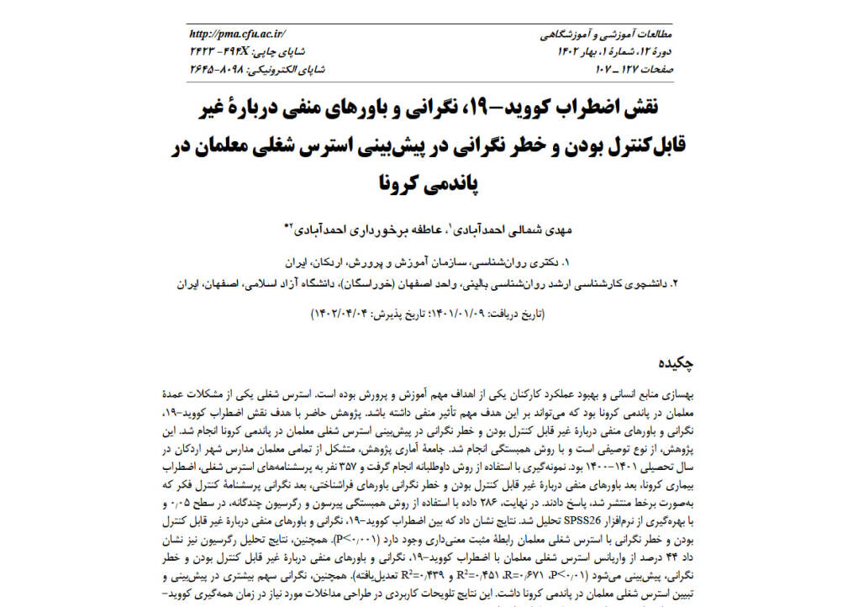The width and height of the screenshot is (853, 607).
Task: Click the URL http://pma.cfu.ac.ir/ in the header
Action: tap(238, 34)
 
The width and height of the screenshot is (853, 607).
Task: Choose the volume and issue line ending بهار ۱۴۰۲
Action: tap(615, 52)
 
